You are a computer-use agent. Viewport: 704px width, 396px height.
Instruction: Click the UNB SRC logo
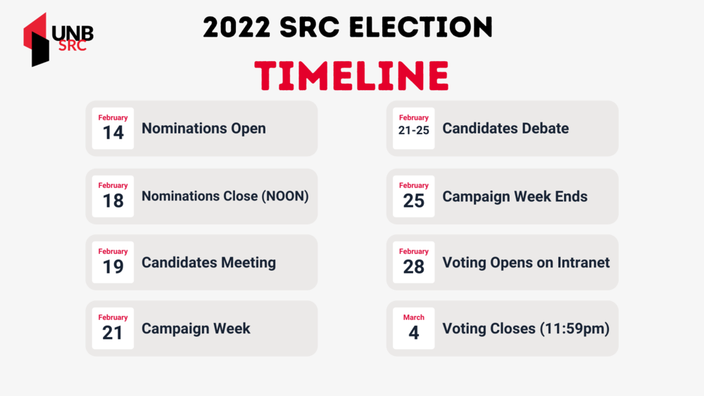coord(58,39)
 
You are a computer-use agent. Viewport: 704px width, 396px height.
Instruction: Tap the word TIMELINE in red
coord(351,76)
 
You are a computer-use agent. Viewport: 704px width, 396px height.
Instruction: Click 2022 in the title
coord(237,27)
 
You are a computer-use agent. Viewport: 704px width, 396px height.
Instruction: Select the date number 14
coord(113,133)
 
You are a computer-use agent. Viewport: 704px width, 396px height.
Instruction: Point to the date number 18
coord(113,200)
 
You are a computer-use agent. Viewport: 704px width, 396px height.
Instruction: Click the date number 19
coord(113,267)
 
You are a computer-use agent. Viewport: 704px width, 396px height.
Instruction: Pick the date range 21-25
coord(413,131)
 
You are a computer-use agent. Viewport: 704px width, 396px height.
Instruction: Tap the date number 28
coord(413,267)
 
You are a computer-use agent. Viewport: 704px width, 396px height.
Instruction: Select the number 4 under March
coord(413,333)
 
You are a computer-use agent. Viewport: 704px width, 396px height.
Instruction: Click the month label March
coord(413,317)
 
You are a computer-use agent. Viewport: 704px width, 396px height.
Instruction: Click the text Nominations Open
coord(204,129)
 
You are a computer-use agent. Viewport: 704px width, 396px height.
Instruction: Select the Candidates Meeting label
coord(209,262)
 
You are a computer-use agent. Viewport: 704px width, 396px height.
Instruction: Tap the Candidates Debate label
coord(505,129)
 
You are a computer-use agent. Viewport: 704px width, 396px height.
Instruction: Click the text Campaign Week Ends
coord(515,196)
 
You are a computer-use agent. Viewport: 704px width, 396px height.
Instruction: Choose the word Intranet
coord(584,262)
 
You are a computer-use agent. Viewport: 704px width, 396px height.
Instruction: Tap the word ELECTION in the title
coord(421,27)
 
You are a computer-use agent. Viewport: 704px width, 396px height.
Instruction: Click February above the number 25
coord(413,186)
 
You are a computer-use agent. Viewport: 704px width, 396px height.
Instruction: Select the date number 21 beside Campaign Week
coord(112,333)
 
